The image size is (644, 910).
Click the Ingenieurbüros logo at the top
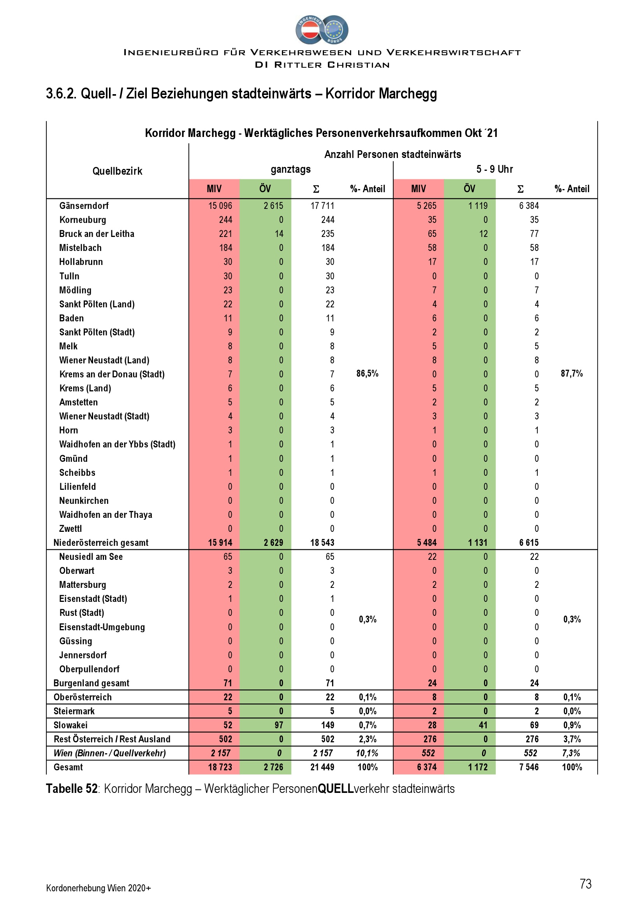click(x=322, y=30)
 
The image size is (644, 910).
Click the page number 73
click(x=585, y=884)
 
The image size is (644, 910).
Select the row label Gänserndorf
click(x=84, y=206)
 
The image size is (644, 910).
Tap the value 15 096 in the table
click(x=220, y=206)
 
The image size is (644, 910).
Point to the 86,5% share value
click(x=367, y=373)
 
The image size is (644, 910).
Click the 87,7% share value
click(x=572, y=373)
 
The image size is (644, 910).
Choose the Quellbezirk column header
click(x=117, y=171)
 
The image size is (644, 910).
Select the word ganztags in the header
click(x=291, y=169)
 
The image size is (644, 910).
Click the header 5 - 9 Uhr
click(x=494, y=169)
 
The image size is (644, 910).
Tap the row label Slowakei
click(x=70, y=725)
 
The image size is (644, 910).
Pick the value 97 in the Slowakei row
click(x=279, y=725)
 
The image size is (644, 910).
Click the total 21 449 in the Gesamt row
click(x=322, y=767)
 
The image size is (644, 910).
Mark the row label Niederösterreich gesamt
click(x=101, y=543)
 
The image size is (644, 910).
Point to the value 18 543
click(x=322, y=543)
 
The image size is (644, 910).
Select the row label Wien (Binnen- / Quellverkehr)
click(x=110, y=753)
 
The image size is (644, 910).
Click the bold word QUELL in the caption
click(x=336, y=789)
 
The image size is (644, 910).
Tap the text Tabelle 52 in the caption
click(x=71, y=789)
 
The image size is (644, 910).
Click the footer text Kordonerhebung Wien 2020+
click(x=99, y=888)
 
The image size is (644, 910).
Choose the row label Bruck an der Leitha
click(x=97, y=234)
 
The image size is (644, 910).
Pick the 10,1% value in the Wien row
click(x=367, y=753)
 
